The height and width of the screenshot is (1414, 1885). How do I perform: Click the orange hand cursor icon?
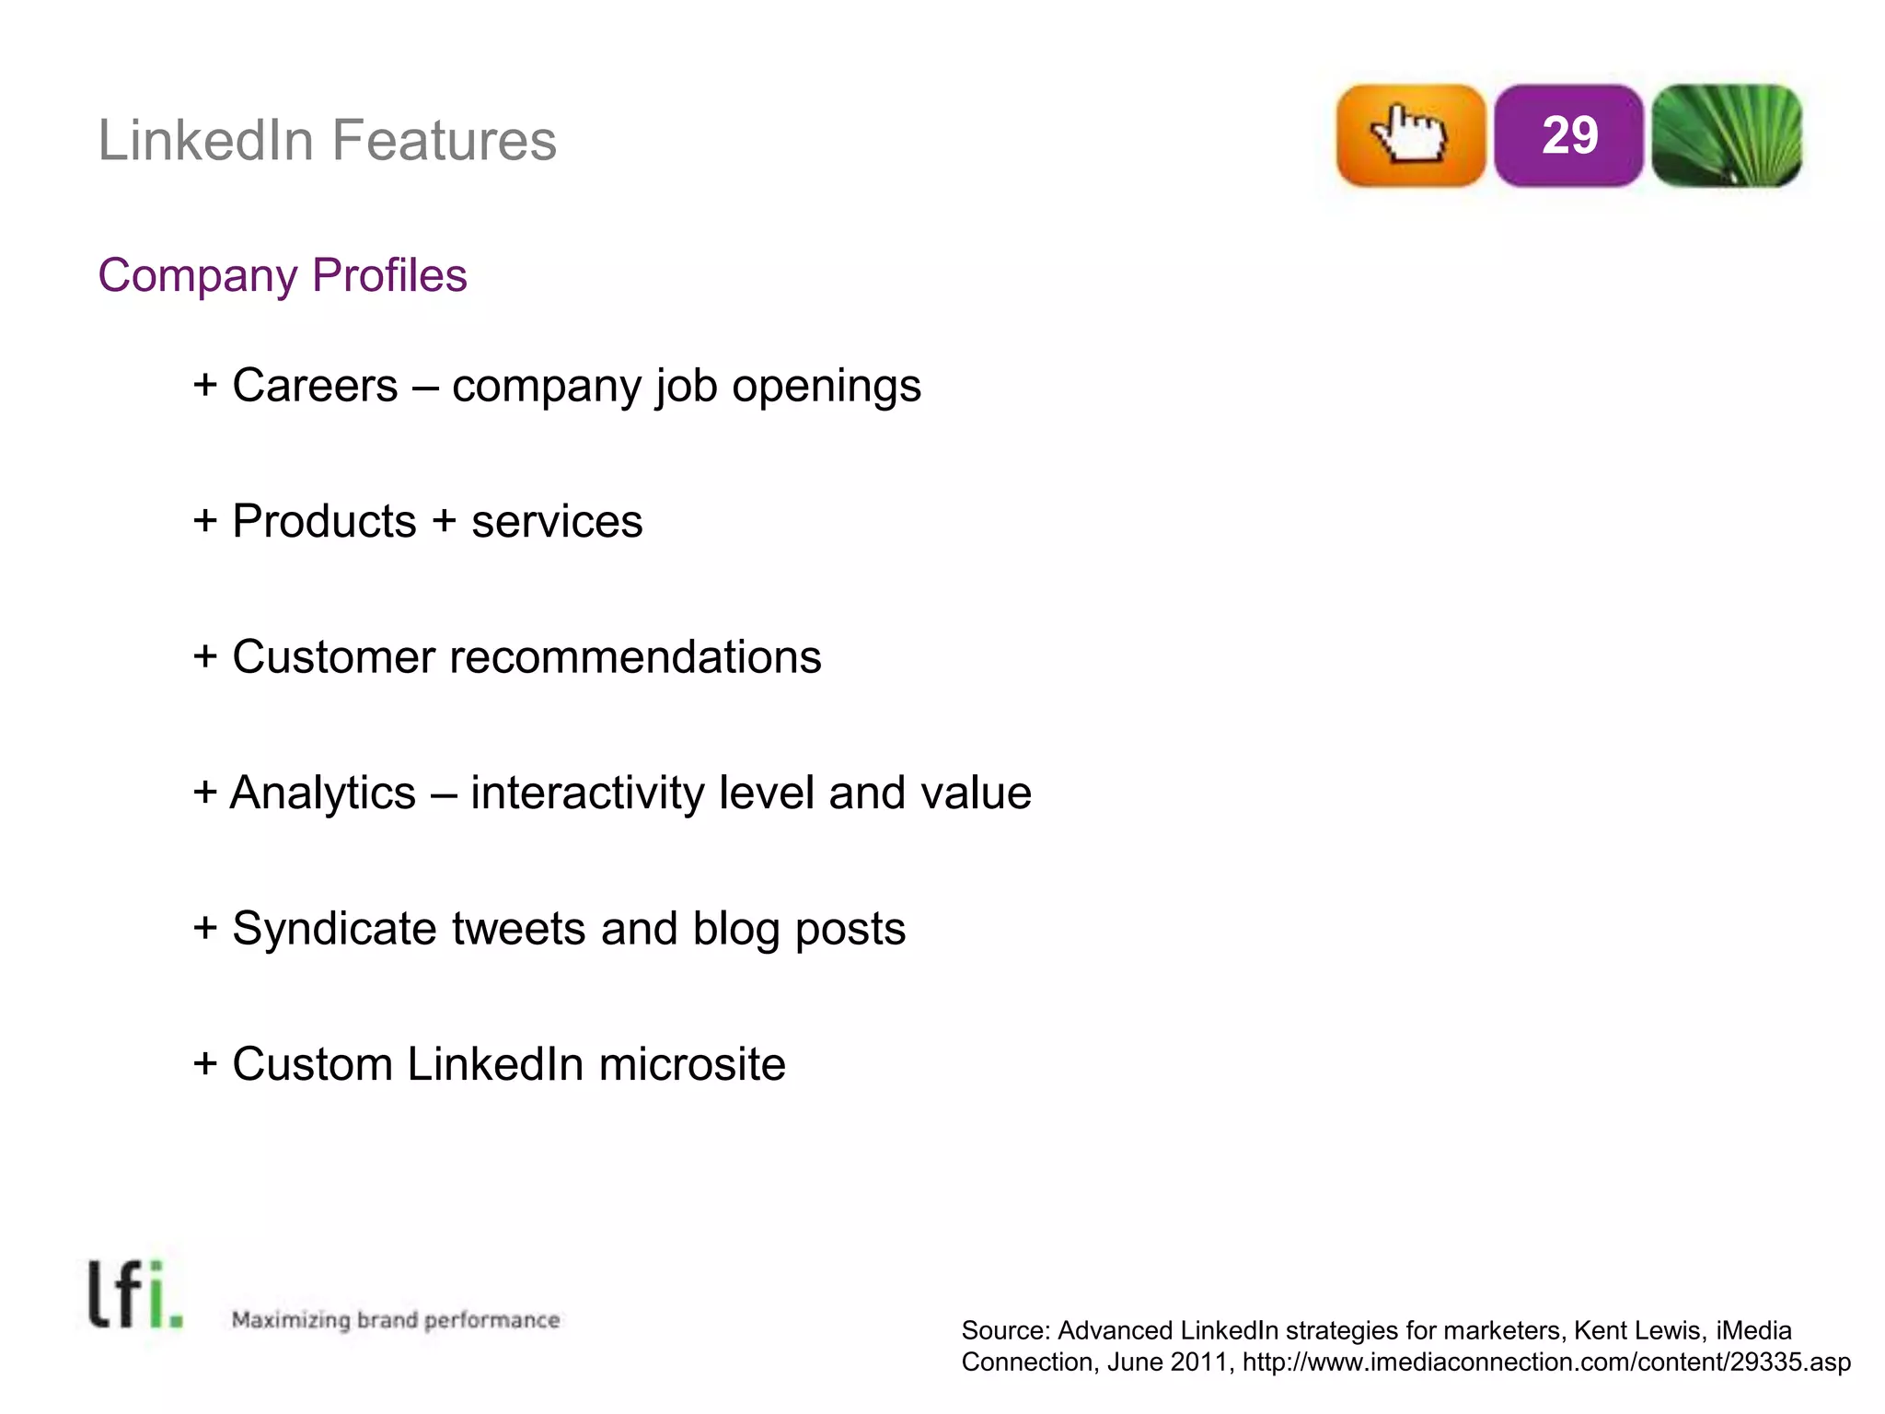point(1410,135)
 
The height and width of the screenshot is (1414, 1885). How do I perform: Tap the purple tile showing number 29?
point(1568,135)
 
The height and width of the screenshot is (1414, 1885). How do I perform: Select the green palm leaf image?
point(1727,135)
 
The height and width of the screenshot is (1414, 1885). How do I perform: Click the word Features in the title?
point(444,141)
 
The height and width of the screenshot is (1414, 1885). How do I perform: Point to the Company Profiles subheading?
point(283,275)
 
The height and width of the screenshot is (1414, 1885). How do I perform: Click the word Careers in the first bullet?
point(315,385)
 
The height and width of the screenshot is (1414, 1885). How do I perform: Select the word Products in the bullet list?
point(324,521)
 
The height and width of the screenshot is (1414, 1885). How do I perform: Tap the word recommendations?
point(635,657)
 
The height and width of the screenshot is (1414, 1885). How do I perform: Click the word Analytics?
point(323,793)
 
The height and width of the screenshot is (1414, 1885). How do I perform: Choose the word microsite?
point(692,1064)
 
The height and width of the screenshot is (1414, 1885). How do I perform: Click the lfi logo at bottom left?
point(134,1294)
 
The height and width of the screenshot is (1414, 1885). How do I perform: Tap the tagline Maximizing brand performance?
point(396,1320)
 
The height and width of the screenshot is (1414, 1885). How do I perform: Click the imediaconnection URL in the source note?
point(1546,1362)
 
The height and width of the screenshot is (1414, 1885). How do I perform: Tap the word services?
point(557,521)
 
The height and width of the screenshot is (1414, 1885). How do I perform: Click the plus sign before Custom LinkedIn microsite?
point(205,1064)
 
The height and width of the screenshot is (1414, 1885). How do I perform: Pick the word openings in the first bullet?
point(826,385)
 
